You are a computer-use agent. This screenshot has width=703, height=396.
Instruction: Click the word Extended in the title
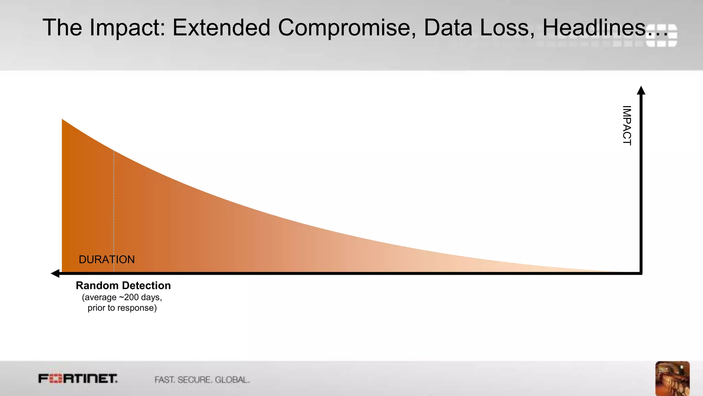(221, 27)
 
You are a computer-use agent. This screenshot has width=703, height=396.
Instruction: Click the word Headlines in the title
(594, 27)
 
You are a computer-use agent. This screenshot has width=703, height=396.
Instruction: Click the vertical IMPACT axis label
(627, 125)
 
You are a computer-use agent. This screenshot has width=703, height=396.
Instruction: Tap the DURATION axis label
(107, 260)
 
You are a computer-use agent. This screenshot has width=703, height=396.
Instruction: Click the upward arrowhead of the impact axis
(641, 90)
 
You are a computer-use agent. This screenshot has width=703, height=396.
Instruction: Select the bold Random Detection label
(123, 286)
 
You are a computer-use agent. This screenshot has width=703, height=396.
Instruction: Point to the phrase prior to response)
(122, 308)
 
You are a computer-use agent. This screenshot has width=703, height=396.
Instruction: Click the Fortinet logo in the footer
(78, 379)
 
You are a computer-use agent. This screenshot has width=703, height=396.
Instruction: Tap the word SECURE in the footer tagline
(194, 380)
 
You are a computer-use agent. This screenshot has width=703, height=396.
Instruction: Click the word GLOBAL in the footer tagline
(232, 380)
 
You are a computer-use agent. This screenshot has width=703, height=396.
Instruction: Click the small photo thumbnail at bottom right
(672, 378)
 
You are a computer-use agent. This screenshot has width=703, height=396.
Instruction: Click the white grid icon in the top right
(661, 35)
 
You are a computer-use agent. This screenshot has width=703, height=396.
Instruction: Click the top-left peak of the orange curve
(63, 120)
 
